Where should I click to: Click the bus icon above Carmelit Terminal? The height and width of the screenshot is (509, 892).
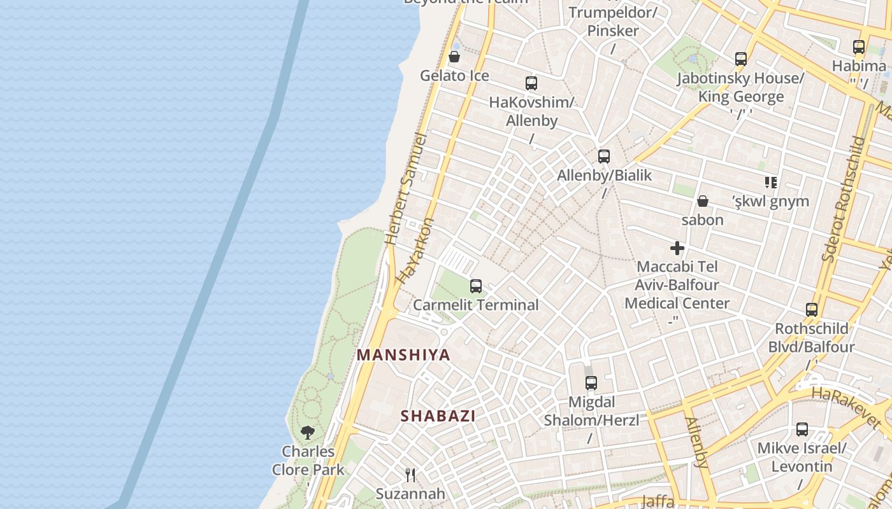(475, 286)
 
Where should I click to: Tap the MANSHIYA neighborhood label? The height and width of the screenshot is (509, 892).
(403, 355)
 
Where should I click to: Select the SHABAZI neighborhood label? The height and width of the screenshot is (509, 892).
(438, 416)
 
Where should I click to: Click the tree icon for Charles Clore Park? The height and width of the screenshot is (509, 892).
(308, 433)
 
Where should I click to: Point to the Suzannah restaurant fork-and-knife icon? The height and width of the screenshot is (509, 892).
(410, 475)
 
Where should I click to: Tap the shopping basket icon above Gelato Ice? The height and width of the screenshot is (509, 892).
(454, 57)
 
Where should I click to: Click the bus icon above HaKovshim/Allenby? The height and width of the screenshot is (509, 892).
(531, 83)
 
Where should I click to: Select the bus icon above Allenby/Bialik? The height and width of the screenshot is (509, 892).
(603, 157)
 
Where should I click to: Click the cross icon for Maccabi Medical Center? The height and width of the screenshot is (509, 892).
(677, 248)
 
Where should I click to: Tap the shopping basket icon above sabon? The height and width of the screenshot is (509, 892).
(702, 202)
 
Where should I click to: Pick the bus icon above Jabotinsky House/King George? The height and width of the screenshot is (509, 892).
(740, 59)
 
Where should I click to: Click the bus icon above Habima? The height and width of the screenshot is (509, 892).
(859, 47)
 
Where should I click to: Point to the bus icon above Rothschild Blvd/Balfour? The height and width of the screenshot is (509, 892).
(811, 310)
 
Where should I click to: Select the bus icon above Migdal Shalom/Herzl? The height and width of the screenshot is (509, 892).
(591, 383)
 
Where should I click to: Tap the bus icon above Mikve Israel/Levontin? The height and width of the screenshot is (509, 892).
(802, 429)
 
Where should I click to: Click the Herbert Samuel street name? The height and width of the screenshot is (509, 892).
(406, 189)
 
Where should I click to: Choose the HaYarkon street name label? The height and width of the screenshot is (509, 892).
(415, 251)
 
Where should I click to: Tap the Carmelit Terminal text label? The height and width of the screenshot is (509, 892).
(475, 305)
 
